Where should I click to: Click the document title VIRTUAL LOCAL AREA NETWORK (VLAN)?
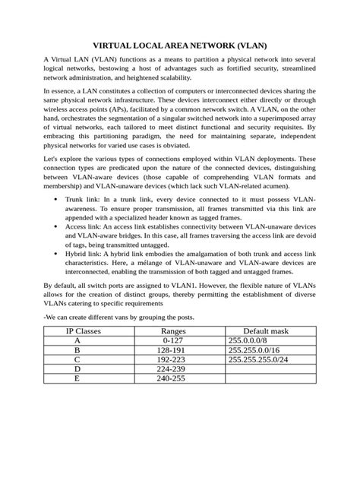pyautogui.click(x=179, y=46)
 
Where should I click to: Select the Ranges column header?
pyautogui.click(x=169, y=332)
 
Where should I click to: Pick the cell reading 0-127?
pyautogui.click(x=169, y=342)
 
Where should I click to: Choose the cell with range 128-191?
pyautogui.click(x=169, y=351)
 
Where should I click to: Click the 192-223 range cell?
pyautogui.click(x=169, y=360)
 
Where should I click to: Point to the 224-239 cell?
pyautogui.click(x=169, y=369)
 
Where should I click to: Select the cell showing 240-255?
pyautogui.click(x=169, y=378)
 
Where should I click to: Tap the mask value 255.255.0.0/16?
pyautogui.click(x=257, y=351)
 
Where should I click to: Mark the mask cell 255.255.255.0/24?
pyautogui.click(x=261, y=360)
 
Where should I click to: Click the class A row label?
pyautogui.click(x=77, y=342)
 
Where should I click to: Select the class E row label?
pyautogui.click(x=77, y=378)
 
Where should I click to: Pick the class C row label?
pyautogui.click(x=77, y=360)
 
